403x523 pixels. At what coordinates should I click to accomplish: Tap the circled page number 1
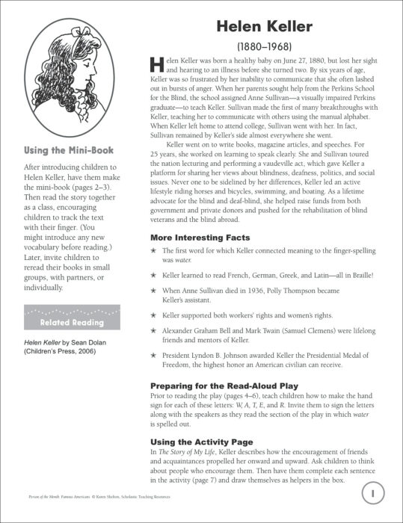[372, 493]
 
